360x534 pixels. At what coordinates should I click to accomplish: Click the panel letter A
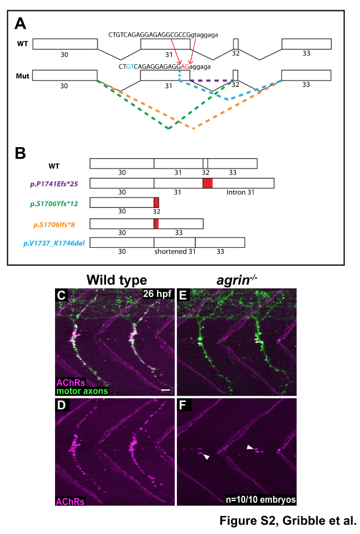tap(20, 24)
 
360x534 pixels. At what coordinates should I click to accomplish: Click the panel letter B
tap(20, 153)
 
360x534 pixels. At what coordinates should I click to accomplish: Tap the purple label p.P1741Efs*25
tap(54, 184)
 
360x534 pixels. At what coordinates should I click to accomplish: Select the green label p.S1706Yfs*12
tap(54, 204)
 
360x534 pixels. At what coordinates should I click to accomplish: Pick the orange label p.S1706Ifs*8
tap(54, 225)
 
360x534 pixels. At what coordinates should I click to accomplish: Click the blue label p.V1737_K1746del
tap(54, 243)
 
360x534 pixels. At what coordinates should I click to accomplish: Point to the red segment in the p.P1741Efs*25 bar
tap(208, 183)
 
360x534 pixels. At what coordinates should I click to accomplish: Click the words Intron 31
tap(241, 192)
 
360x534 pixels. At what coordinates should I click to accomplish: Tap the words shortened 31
tap(175, 252)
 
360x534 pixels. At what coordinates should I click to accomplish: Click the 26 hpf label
tap(157, 294)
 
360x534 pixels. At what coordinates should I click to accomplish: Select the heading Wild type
tap(117, 280)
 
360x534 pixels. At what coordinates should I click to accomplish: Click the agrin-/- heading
tap(237, 280)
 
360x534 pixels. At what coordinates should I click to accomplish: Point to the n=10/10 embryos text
tap(261, 500)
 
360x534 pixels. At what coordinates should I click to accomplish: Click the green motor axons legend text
tap(82, 391)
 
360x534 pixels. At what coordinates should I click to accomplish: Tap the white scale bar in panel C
tap(165, 390)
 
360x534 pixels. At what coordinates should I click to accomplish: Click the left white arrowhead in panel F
tap(206, 457)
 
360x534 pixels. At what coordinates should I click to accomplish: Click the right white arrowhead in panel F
tap(250, 447)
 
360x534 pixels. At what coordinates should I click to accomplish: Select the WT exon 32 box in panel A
tap(235, 44)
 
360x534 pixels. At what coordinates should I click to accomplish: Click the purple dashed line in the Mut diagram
tap(211, 81)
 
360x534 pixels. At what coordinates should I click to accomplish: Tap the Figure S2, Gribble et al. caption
tap(288, 521)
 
